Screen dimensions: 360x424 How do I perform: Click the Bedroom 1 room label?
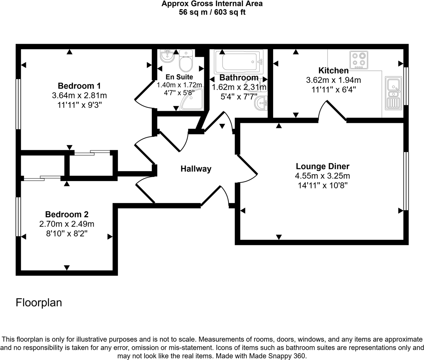tap(79, 86)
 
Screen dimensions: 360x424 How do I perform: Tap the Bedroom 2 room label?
tap(67, 214)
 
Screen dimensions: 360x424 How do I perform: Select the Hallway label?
tap(196, 169)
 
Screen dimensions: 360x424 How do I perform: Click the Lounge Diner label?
tap(322, 167)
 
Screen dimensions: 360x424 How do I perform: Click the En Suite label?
tap(179, 77)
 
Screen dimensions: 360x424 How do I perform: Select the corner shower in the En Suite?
tap(193, 100)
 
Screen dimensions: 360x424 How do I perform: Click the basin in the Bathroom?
tap(262, 103)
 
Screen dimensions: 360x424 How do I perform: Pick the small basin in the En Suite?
tap(167, 55)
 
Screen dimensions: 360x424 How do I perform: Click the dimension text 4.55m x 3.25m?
tap(322, 176)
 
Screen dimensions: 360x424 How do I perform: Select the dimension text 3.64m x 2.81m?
tap(79, 95)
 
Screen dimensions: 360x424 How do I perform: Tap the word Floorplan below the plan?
tap(39, 303)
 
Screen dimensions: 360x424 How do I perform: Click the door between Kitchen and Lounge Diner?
tap(332, 111)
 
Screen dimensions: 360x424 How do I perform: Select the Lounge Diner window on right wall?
tap(406, 181)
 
